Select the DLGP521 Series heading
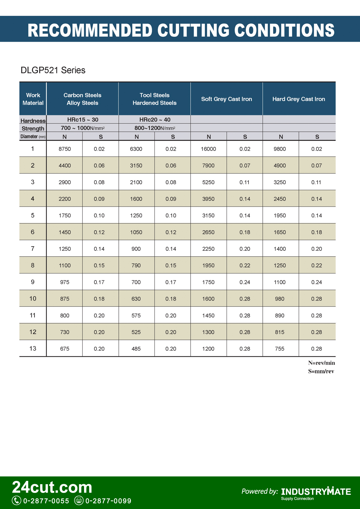(x=53, y=70)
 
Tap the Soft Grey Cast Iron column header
(x=226, y=99)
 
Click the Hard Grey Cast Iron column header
(x=298, y=99)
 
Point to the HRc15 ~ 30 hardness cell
(x=82, y=120)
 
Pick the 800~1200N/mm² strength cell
(x=155, y=128)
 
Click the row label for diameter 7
(x=33, y=248)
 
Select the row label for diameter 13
(x=33, y=348)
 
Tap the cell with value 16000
(x=208, y=149)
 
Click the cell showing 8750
(x=65, y=149)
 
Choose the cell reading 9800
(x=280, y=149)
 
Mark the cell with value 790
(x=136, y=265)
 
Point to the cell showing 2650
(x=208, y=232)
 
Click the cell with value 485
(x=136, y=349)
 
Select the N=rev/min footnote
(x=321, y=363)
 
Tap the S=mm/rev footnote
(x=321, y=371)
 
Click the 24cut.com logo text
(x=52, y=487)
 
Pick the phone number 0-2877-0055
(x=46, y=501)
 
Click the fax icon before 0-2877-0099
(x=79, y=501)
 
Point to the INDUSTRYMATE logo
(x=316, y=492)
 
